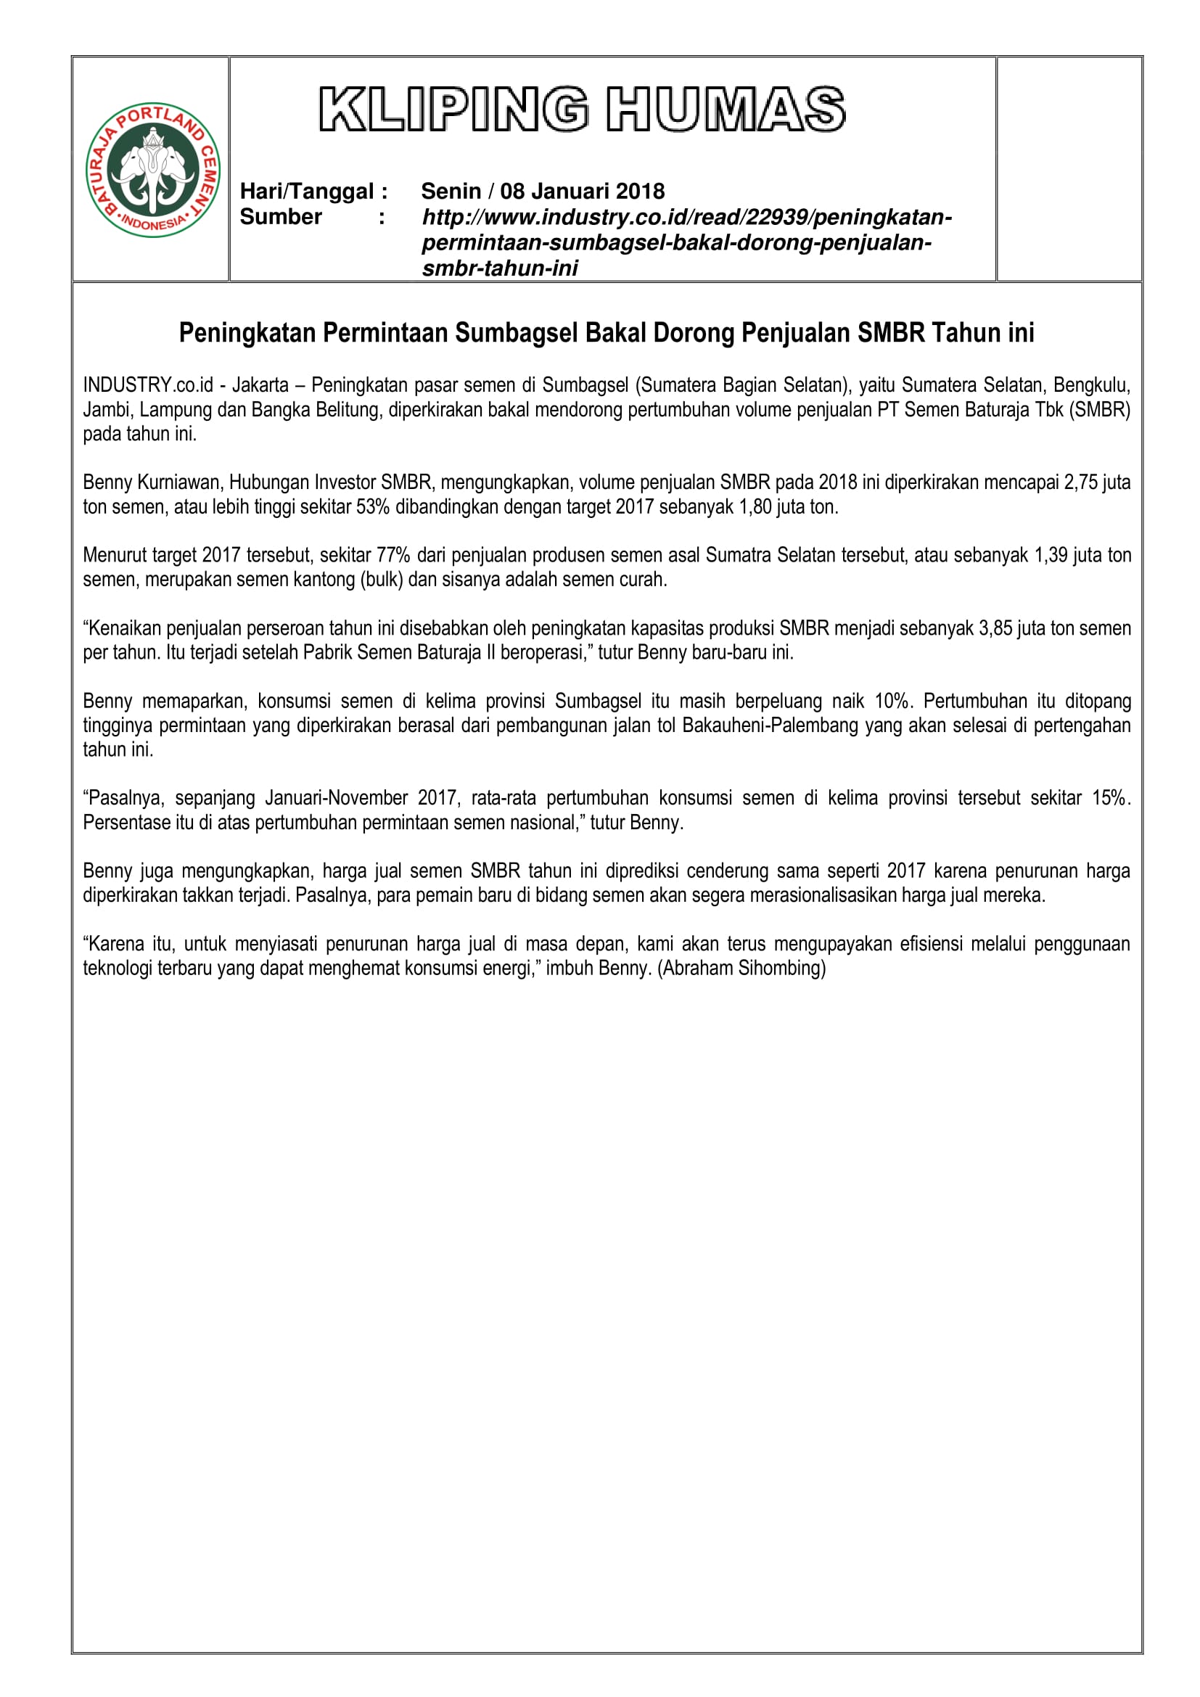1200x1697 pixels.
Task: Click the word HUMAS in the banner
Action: point(726,110)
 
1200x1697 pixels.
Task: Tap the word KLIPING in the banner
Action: point(453,110)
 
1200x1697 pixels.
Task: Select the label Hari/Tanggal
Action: point(307,192)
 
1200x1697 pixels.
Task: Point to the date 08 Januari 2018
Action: point(583,192)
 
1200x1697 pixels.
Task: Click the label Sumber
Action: point(281,216)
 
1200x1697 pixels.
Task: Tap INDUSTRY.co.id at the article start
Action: point(148,385)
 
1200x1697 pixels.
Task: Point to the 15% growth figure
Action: point(1110,798)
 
